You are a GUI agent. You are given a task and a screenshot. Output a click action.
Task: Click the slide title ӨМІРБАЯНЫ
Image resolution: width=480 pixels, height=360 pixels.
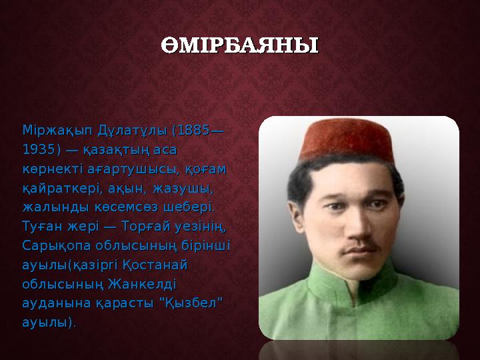tap(239, 47)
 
